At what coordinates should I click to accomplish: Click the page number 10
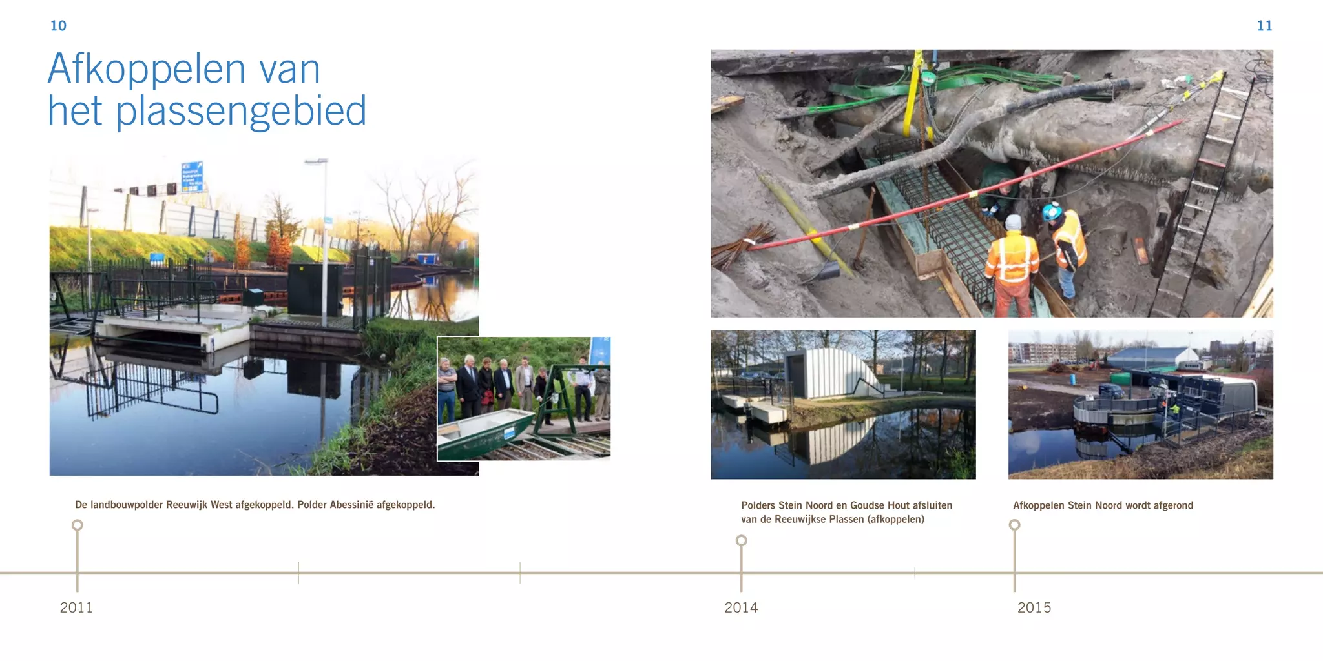pos(58,26)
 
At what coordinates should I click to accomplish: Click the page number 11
pos(1264,26)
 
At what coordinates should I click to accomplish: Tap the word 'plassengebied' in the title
pos(241,111)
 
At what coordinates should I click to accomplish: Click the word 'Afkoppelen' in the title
pos(147,68)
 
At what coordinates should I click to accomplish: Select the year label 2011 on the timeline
pos(76,607)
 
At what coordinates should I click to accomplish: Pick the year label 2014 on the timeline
pos(741,607)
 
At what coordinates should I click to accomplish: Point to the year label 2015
pos(1034,607)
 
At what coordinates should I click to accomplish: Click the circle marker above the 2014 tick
pos(742,540)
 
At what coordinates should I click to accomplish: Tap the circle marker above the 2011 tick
pos(78,525)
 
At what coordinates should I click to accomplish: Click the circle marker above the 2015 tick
pos(1015,525)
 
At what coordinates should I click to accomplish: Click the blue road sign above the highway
pos(192,176)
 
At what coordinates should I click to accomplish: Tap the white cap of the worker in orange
pos(1013,222)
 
